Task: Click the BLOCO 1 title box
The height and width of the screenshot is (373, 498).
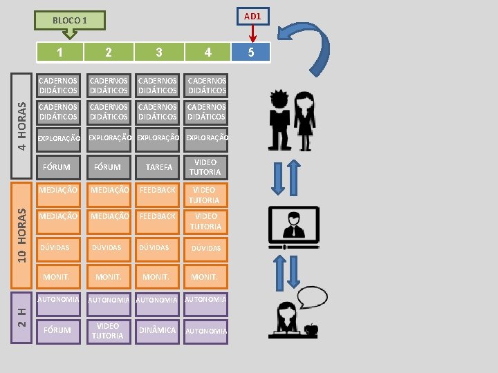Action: pos(71,21)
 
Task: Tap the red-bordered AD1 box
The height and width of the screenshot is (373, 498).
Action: pos(252,16)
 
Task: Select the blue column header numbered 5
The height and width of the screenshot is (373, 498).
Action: pos(251,52)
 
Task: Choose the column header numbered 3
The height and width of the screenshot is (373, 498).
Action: pos(159,52)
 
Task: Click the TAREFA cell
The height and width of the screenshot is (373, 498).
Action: pos(159,167)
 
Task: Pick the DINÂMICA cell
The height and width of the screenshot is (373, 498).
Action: pos(158,330)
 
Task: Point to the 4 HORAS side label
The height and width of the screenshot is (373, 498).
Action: pos(23,126)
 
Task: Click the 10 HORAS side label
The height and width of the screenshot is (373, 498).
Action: pos(23,235)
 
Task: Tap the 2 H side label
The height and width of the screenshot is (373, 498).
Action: pos(23,317)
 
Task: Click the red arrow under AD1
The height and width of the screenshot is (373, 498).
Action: pos(252,33)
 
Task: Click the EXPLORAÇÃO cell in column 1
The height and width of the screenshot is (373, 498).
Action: pos(59,139)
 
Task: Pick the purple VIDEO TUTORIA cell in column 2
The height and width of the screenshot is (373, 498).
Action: pos(108,331)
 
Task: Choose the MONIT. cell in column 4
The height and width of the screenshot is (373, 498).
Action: pos(205,276)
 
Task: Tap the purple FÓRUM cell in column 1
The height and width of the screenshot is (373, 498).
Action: pos(57,330)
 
